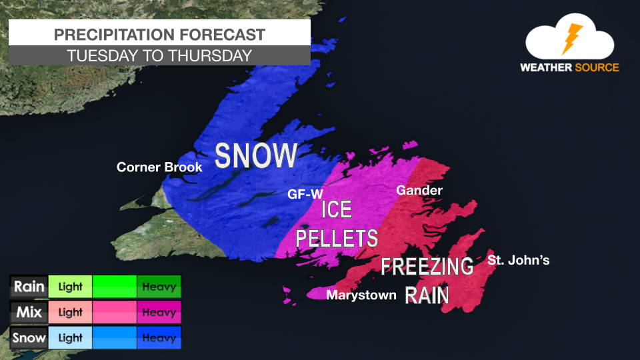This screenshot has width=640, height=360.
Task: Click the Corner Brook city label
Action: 159,167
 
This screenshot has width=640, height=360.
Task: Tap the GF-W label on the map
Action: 301,195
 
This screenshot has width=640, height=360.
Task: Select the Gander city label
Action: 419,191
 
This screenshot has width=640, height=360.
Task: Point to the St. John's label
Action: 519,260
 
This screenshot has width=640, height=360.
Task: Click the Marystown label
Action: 361,295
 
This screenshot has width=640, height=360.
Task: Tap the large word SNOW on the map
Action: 256,155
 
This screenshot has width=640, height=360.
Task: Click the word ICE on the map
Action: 337,210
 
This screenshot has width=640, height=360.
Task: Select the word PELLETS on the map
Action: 337,238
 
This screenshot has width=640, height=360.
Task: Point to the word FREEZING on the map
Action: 427,266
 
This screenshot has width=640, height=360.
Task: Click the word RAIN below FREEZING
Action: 427,295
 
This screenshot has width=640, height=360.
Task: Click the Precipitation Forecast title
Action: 159,35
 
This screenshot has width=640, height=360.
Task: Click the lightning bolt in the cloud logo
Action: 571,39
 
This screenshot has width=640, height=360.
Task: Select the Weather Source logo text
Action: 569,67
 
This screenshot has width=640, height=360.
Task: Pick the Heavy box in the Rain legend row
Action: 159,287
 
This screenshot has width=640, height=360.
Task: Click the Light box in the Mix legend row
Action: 70,313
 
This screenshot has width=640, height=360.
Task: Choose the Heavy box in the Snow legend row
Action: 159,338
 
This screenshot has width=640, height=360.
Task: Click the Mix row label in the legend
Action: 29,313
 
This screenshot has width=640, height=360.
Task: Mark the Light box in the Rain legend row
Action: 70,287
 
